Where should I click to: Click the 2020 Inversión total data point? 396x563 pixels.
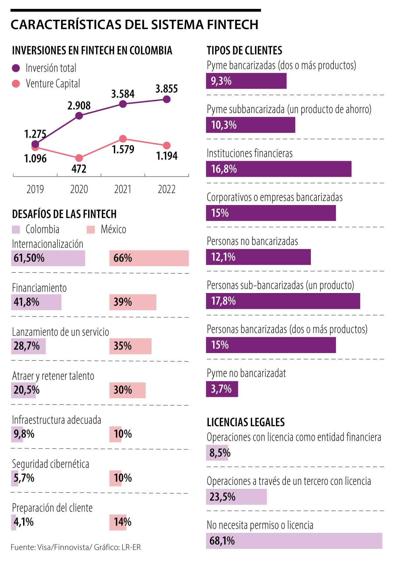click(x=79, y=116)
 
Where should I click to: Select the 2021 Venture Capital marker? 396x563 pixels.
click(x=123, y=139)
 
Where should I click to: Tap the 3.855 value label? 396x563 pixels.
click(x=167, y=89)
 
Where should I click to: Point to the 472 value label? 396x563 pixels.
click(x=79, y=169)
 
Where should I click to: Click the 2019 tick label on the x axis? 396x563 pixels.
click(x=35, y=189)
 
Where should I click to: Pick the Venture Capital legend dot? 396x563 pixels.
click(x=16, y=84)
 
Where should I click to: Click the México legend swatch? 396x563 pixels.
click(x=91, y=229)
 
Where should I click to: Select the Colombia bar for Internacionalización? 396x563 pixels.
click(x=48, y=258)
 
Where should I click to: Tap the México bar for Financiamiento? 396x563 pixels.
click(x=133, y=302)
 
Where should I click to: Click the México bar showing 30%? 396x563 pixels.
click(x=127, y=390)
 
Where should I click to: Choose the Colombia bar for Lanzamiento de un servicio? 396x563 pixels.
click(x=28, y=346)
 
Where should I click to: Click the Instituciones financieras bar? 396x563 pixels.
click(x=279, y=169)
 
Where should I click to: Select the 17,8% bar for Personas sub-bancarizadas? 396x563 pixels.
click(x=283, y=301)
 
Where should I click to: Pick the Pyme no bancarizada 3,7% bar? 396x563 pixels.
click(x=222, y=389)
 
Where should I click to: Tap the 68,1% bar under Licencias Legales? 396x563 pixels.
click(x=294, y=541)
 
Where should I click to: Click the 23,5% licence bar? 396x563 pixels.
click(x=236, y=497)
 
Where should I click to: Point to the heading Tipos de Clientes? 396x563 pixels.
click(x=245, y=50)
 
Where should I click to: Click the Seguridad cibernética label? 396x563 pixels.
click(x=50, y=464)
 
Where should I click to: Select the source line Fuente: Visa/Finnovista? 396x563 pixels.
click(x=76, y=548)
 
